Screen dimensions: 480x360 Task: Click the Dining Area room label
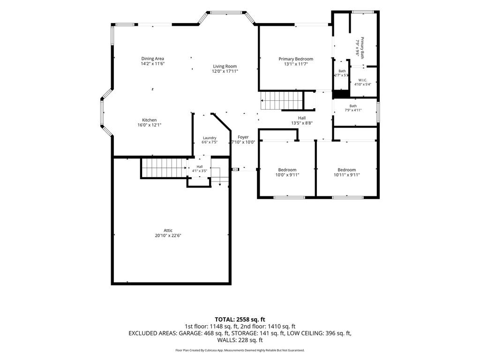pos(152,59)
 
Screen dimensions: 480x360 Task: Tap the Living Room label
pos(225,66)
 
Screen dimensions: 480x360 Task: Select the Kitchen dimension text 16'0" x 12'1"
pos(150,125)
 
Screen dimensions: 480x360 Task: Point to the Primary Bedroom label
pos(296,59)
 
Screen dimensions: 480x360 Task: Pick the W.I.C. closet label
pos(363,80)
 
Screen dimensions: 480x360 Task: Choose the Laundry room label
pos(210,138)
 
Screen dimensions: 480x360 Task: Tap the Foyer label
pos(243,137)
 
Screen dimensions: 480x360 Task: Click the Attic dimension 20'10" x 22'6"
pos(168,235)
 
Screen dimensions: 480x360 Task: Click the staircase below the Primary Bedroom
pos(282,100)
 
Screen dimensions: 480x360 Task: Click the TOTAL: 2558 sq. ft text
pos(240,320)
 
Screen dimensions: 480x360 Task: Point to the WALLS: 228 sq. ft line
pos(240,340)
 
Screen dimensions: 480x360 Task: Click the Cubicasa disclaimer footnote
pos(240,350)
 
